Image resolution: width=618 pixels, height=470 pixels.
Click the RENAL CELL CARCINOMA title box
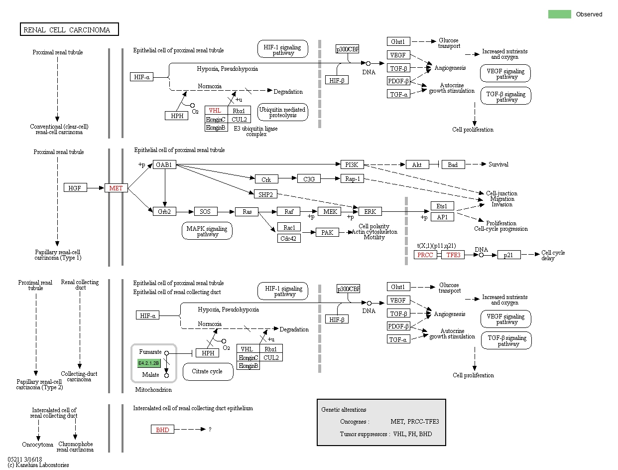point(69,30)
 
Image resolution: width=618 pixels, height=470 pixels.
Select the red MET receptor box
point(116,188)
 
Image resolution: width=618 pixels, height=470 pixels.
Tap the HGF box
point(75,188)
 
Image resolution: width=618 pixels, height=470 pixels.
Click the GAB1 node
point(164,164)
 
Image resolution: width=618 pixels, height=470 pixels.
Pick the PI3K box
point(352,164)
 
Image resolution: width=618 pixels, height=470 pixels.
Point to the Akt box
point(417,164)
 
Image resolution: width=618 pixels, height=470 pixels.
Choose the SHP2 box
point(265,194)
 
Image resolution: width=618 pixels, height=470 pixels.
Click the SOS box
point(205,212)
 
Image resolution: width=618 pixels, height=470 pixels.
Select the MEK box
point(330,212)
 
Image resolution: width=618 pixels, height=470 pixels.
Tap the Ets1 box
point(442,206)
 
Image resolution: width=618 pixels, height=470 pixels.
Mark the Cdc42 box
point(289,238)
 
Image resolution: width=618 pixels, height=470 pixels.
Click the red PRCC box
point(425,255)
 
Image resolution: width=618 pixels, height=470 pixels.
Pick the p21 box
point(508,255)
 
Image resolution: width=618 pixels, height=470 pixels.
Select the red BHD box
point(162,429)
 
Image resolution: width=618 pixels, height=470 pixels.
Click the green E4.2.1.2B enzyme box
point(149,363)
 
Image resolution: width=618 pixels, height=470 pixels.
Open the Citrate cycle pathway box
point(208,371)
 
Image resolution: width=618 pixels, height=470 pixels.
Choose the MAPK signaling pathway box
point(207,231)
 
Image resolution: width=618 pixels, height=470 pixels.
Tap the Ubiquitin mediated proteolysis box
point(283,112)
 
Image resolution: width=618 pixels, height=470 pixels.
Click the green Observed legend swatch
point(559,14)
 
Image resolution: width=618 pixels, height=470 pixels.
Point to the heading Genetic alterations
point(344,410)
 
